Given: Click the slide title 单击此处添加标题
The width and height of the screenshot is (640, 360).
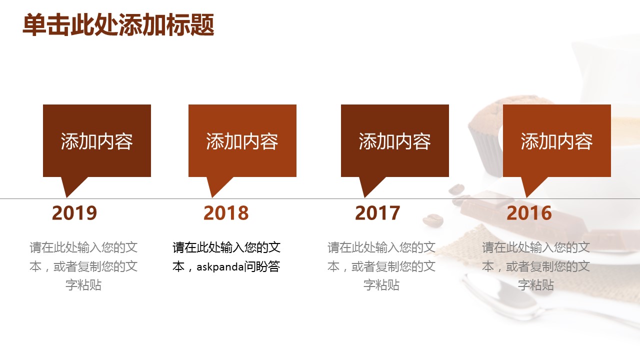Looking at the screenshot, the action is [118, 25].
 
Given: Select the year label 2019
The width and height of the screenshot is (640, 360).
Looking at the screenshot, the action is [74, 213].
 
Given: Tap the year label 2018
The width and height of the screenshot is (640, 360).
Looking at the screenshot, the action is [226, 213].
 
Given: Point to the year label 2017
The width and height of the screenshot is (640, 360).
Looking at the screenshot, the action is [377, 213].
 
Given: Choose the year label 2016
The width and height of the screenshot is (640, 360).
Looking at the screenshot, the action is [529, 213].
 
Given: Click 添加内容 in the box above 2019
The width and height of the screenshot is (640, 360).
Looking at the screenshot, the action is [97, 141].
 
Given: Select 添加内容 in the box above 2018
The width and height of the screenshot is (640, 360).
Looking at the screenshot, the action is [242, 141].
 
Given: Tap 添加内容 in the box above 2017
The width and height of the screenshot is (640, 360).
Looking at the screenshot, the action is [395, 141].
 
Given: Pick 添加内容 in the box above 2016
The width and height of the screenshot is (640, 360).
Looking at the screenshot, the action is [557, 141].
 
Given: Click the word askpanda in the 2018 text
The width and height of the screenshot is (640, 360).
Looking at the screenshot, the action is [220, 267].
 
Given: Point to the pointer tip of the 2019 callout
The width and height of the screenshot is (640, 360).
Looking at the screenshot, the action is [67, 197].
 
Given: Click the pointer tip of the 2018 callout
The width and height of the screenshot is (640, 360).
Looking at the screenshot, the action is [212, 197].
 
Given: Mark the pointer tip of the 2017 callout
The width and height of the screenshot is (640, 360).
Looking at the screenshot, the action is [365, 197].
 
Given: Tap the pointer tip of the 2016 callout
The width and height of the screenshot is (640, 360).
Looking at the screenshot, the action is [527, 197].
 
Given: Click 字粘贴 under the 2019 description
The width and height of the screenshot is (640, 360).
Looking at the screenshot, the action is [83, 285].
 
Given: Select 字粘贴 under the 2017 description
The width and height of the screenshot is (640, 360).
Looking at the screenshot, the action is [381, 285].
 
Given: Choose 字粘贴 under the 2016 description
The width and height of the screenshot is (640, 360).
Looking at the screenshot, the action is [536, 285].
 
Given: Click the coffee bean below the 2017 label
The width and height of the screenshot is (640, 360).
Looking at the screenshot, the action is [433, 220].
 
